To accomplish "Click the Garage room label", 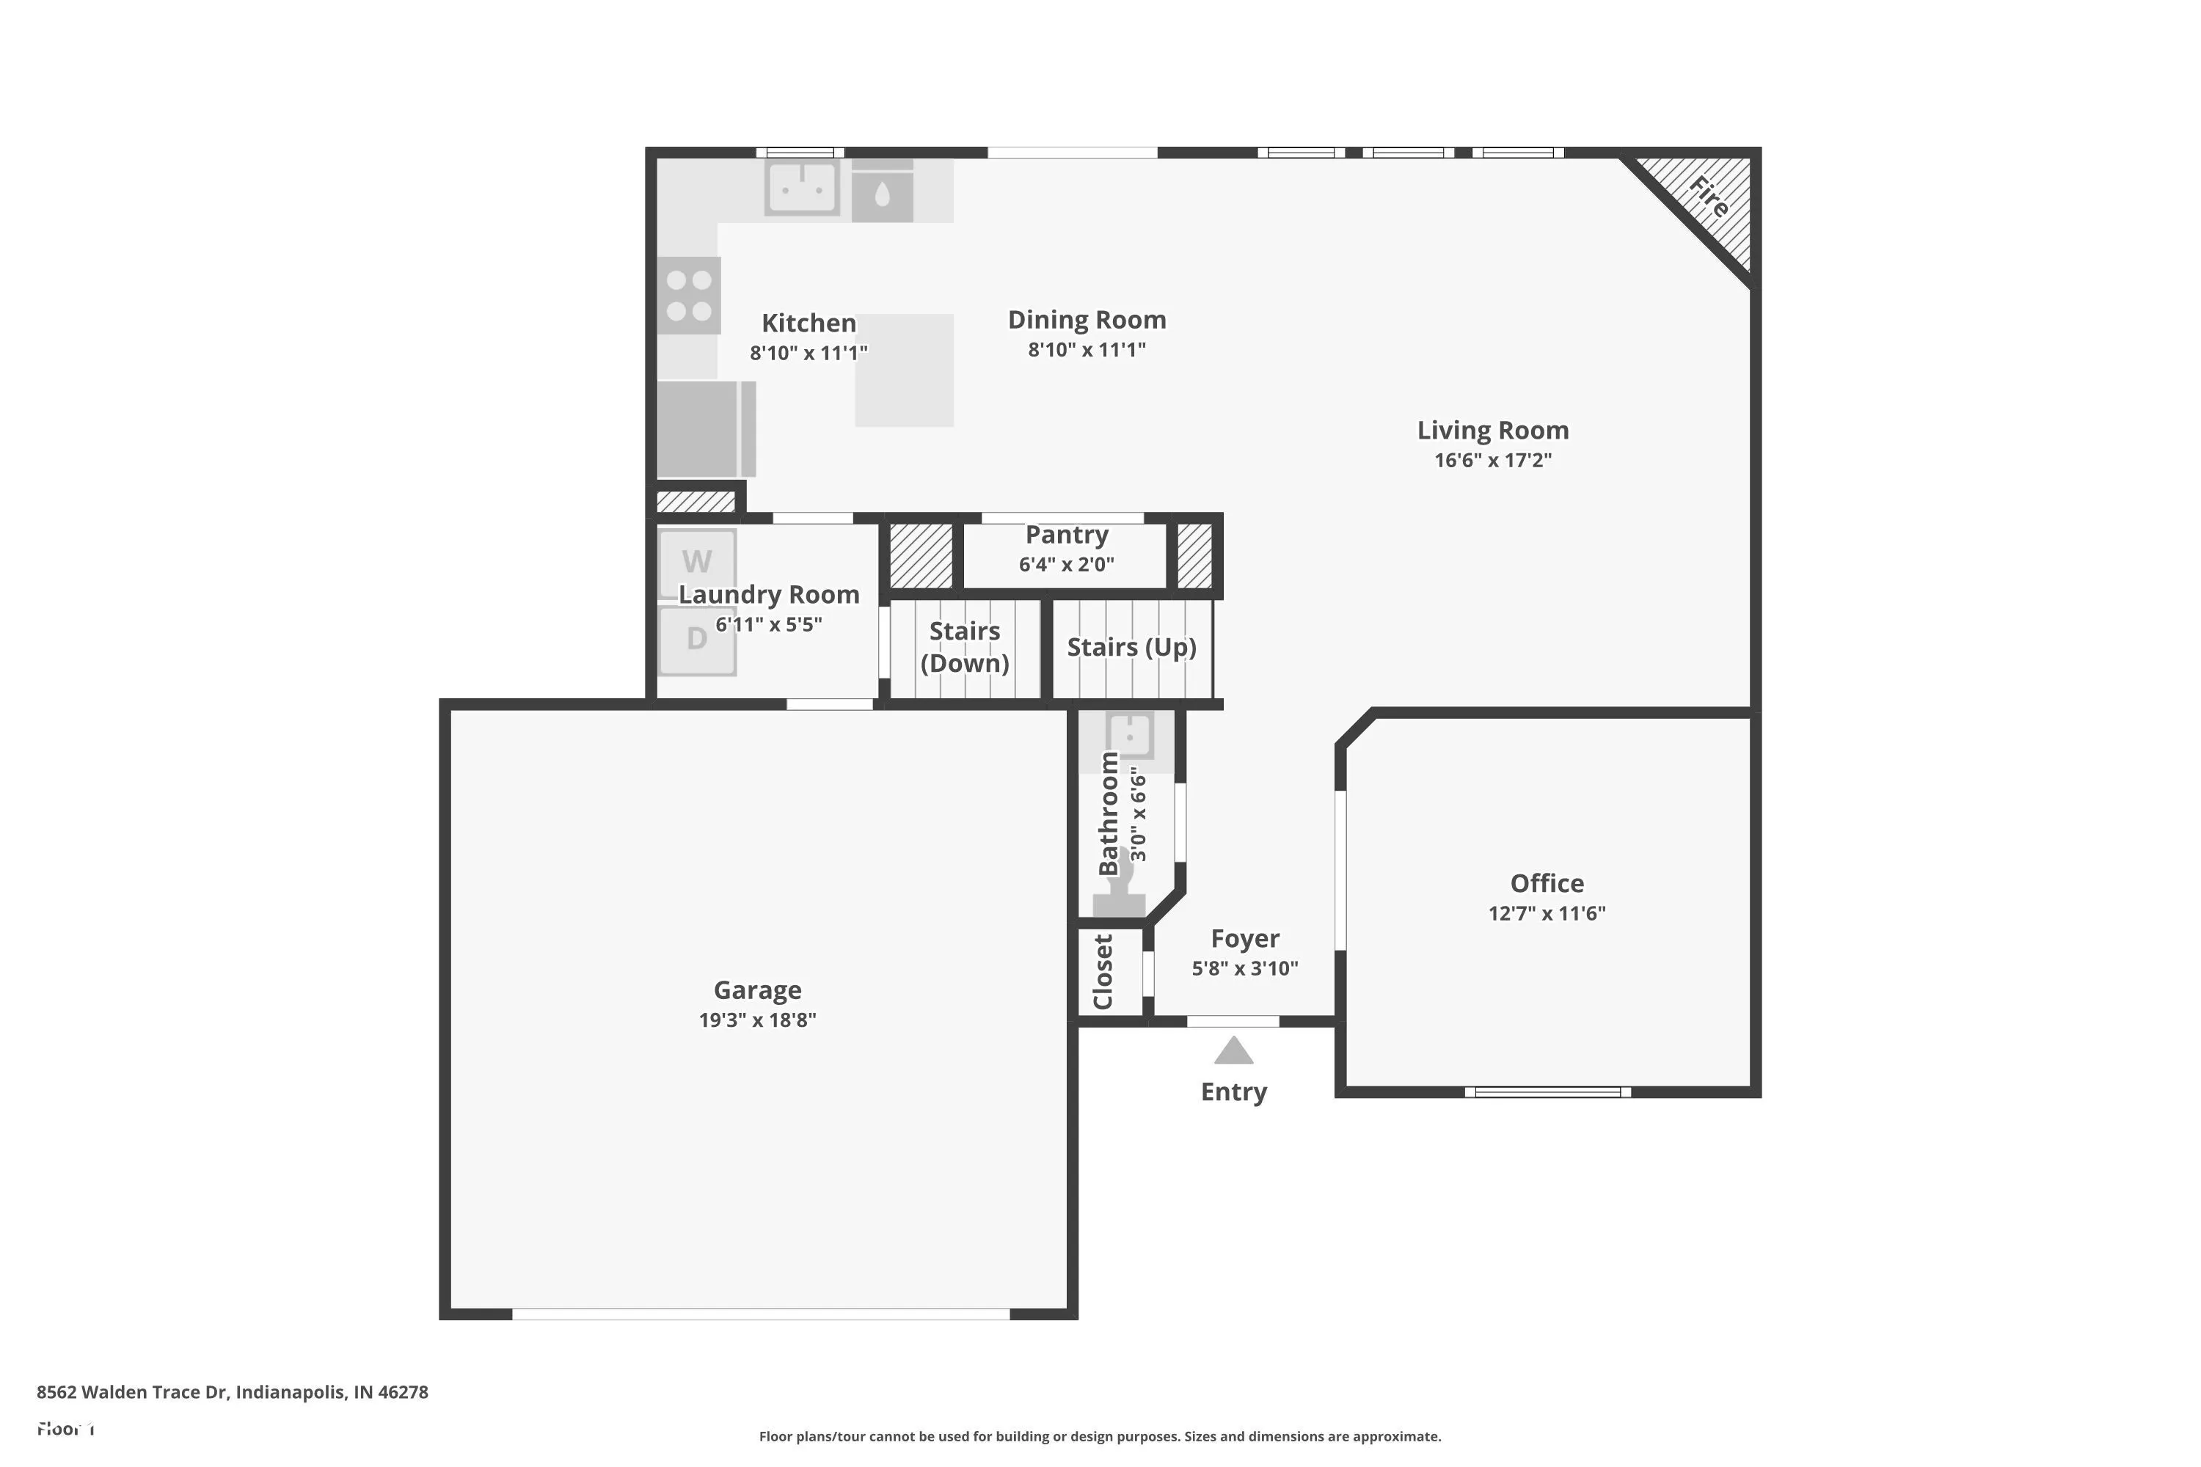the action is pyautogui.click(x=757, y=989).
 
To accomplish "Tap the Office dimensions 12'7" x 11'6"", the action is pyautogui.click(x=1547, y=913).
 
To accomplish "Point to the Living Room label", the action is pyautogui.click(x=1492, y=431).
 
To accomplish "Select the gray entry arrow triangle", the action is pyautogui.click(x=1233, y=1050).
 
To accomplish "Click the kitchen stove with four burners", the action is pyautogui.click(x=689, y=296).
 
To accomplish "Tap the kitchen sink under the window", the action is pyautogui.click(x=802, y=188).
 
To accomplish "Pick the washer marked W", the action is pyautogui.click(x=697, y=563).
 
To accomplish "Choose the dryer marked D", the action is pyautogui.click(x=697, y=640).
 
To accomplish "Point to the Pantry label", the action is pyautogui.click(x=1067, y=535).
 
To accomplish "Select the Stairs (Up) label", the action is pyautogui.click(x=1131, y=648).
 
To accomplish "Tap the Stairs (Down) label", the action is pyautogui.click(x=965, y=646).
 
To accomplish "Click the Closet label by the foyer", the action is pyautogui.click(x=1103, y=972).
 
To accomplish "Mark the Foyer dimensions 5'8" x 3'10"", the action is pyautogui.click(x=1244, y=968).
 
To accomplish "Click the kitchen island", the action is pyautogui.click(x=904, y=370).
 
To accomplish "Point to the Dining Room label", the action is pyautogui.click(x=1087, y=320).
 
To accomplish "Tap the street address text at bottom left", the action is pyautogui.click(x=232, y=1392).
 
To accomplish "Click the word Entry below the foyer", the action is pyautogui.click(x=1233, y=1092).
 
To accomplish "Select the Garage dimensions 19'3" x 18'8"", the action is pyautogui.click(x=757, y=1020).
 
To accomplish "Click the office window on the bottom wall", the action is pyautogui.click(x=1548, y=1092).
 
